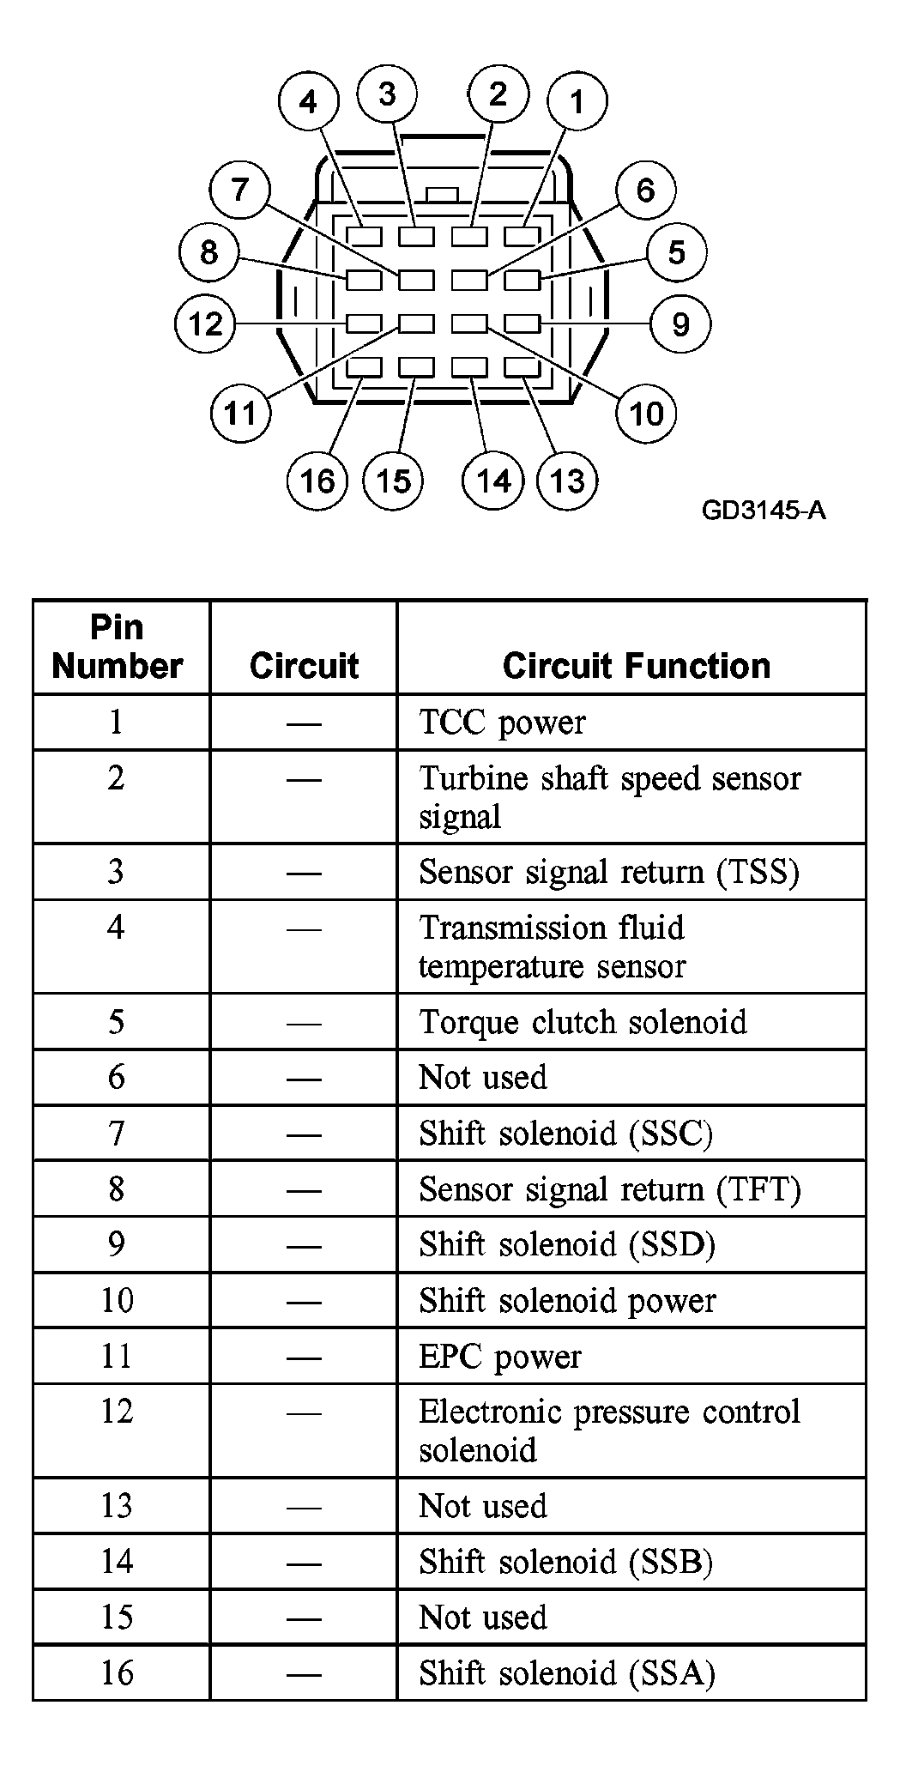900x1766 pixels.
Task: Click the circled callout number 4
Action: pyautogui.click(x=308, y=102)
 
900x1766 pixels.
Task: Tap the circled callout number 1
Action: pyautogui.click(x=577, y=101)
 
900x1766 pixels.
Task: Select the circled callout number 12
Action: pyautogui.click(x=205, y=324)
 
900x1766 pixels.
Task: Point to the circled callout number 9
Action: pyautogui.click(x=680, y=324)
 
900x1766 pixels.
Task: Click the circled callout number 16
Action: pyautogui.click(x=317, y=481)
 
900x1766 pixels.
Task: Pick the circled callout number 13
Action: pyautogui.click(x=567, y=481)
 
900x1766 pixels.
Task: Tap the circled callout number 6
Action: pyautogui.click(x=645, y=190)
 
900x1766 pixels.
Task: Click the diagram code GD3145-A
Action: pyautogui.click(x=764, y=511)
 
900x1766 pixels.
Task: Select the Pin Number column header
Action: pyautogui.click(x=118, y=646)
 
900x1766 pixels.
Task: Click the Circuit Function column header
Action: pyautogui.click(x=637, y=666)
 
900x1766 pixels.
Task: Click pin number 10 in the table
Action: pyautogui.click(x=117, y=1300)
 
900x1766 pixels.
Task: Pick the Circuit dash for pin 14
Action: pyautogui.click(x=304, y=1563)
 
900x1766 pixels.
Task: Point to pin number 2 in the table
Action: pyautogui.click(x=116, y=777)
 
